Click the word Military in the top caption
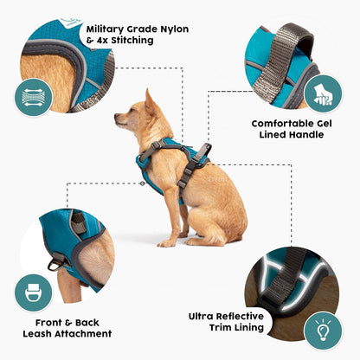[x=108, y=29]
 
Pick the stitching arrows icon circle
[x=32, y=96]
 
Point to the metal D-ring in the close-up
[x=58, y=262]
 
